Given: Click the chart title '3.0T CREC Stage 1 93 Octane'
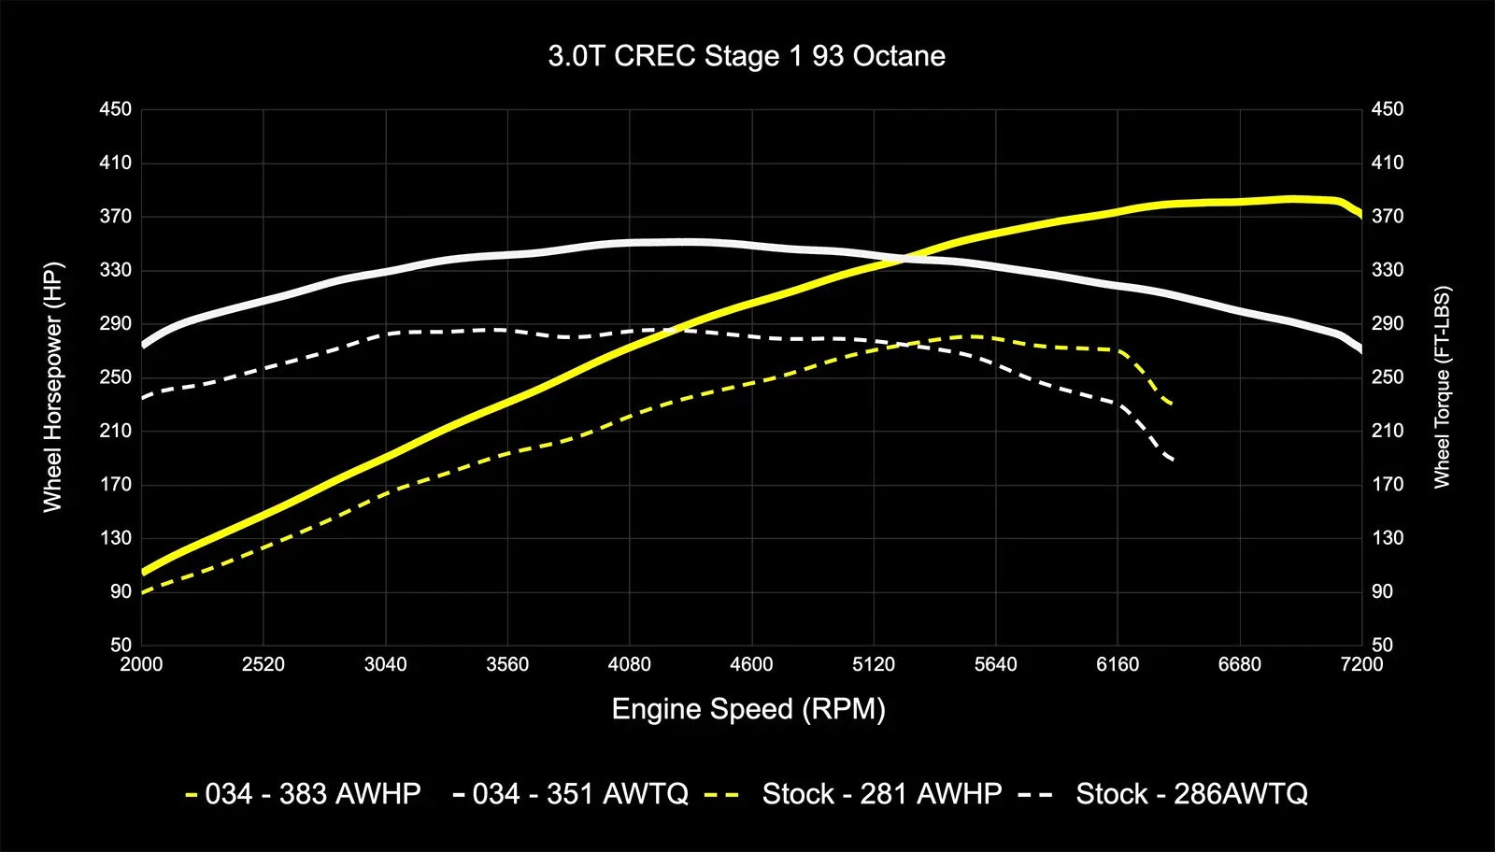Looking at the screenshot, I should point(747,56).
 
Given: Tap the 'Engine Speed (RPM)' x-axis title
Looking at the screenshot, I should point(747,709).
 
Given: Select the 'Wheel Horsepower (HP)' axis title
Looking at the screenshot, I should point(52,387).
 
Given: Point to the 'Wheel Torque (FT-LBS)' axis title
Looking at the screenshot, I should point(1442,387).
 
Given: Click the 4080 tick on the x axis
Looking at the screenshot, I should point(629,664).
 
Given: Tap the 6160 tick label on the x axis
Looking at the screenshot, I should point(1118,664).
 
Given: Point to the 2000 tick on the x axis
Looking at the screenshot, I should point(141,664).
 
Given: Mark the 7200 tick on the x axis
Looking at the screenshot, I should point(1361,664).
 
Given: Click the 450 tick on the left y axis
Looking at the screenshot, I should point(116,109).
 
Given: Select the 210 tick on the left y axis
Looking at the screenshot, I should point(116,431).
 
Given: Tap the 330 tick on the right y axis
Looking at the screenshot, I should point(1388,270).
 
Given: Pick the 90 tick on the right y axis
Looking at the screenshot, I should point(1382,591).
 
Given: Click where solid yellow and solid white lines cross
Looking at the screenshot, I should point(899,259).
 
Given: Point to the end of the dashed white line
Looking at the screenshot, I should point(1172,460).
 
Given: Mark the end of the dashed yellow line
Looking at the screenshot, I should point(1171,404).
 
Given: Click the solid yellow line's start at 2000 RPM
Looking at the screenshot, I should point(143,572).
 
